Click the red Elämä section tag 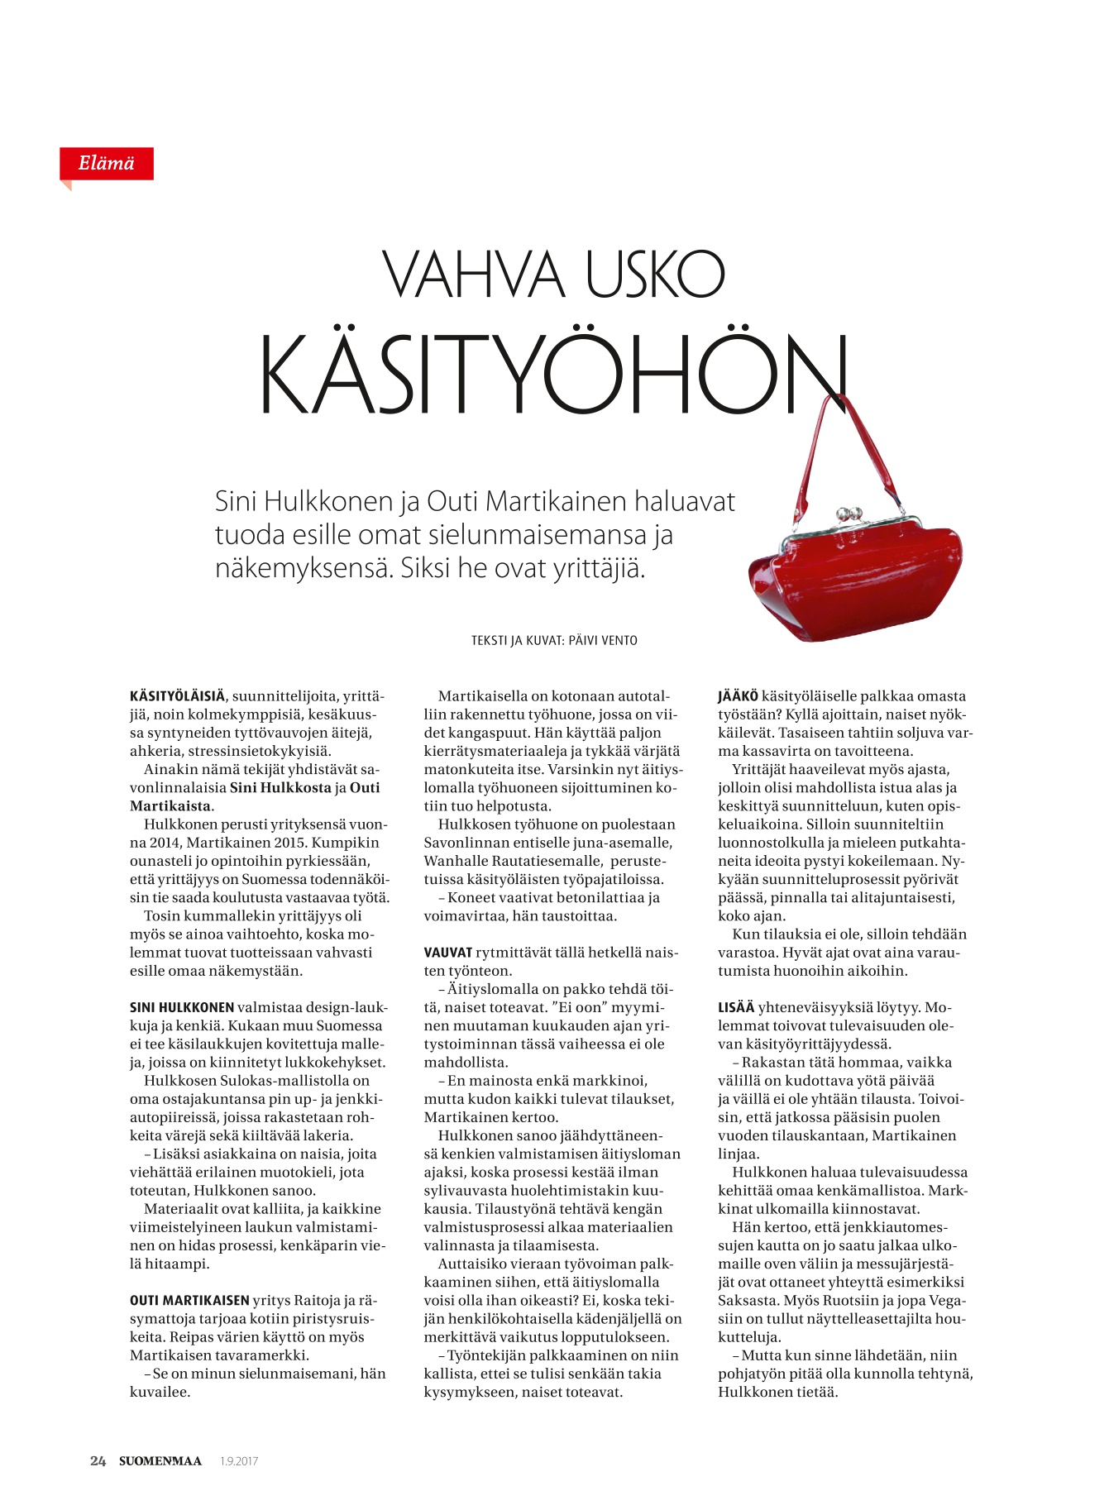(106, 164)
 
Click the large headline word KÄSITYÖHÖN (552, 375)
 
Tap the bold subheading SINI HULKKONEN (182, 1007)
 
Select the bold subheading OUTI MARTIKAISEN (189, 1301)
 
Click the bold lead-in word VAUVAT (448, 953)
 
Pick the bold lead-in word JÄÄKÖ (738, 696)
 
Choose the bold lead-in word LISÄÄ (736, 1007)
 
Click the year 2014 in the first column (165, 843)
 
